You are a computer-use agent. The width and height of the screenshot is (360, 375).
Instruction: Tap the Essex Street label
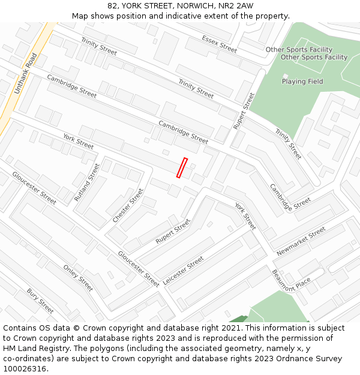point(219,43)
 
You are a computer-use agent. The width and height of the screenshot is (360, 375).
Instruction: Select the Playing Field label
point(302,82)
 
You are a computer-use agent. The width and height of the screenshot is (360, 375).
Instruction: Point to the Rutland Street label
point(87,182)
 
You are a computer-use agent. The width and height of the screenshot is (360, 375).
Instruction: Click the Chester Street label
point(128,206)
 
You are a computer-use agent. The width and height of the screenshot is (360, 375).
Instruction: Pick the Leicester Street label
point(183,271)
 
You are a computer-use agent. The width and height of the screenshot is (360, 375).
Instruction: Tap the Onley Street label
point(78,278)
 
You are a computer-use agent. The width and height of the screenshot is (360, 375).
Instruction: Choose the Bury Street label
point(40,301)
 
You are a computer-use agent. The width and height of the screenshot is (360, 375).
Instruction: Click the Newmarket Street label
point(301,241)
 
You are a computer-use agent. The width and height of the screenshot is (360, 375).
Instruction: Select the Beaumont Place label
point(291,280)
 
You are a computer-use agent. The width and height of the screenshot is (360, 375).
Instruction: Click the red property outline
point(182,168)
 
